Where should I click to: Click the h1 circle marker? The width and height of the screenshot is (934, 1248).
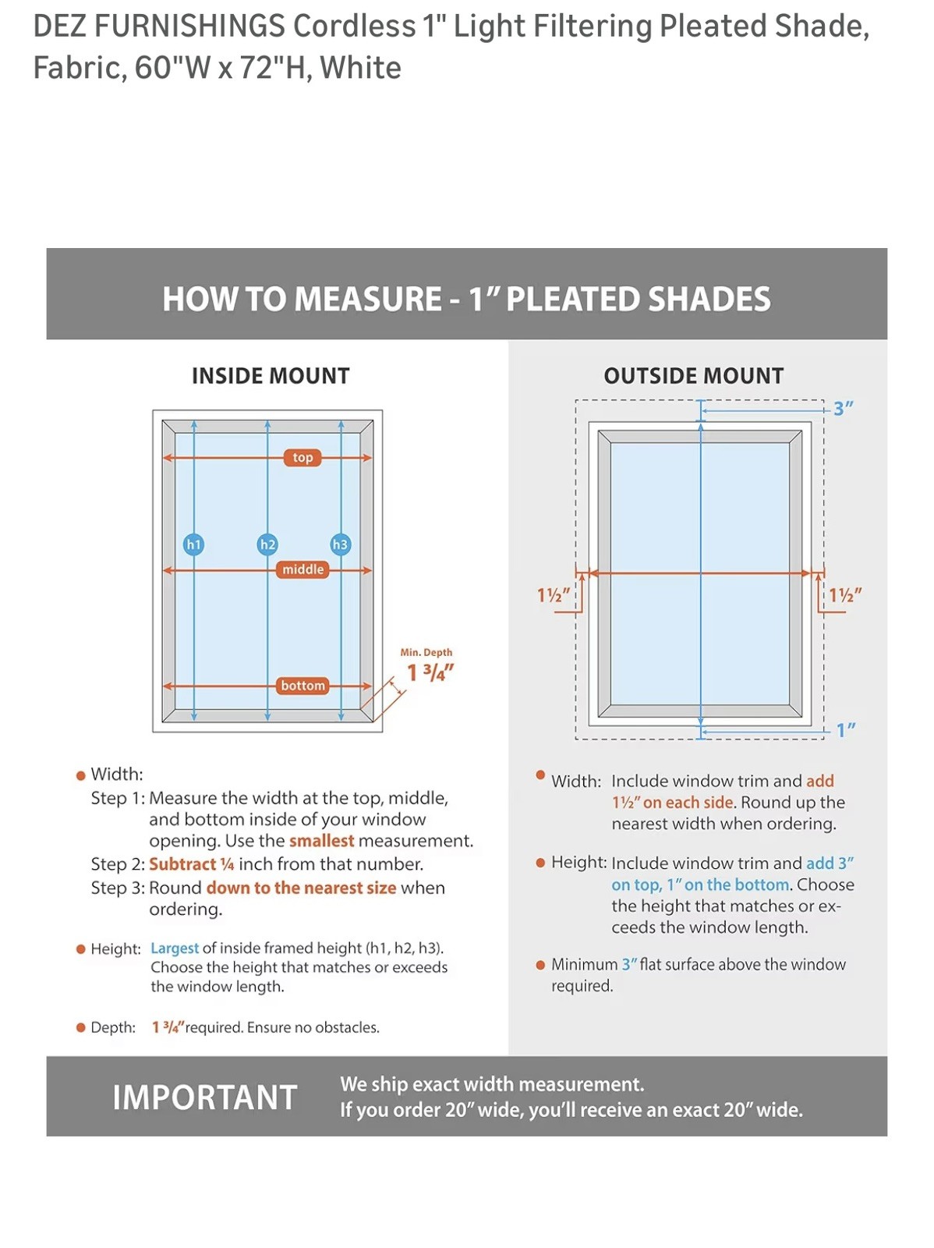point(193,544)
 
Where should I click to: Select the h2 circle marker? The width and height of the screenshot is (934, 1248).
point(267,544)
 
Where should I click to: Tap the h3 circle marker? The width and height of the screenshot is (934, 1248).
point(340,544)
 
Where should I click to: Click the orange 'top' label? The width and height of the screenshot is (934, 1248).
point(302,457)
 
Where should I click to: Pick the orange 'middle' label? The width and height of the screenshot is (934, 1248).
point(302,569)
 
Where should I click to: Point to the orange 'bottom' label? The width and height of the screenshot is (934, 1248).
point(302,685)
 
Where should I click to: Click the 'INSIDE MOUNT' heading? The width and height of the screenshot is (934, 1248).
point(271,376)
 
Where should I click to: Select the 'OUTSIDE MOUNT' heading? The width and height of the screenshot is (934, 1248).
point(694,376)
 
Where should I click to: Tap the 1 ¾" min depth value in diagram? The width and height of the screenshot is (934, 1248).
point(430,672)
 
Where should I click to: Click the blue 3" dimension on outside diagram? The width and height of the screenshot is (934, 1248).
point(844,408)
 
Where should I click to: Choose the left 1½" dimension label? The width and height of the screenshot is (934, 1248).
point(554,594)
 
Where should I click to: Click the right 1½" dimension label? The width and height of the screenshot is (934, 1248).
point(845,594)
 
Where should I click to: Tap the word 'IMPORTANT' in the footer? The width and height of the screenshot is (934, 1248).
point(204,1097)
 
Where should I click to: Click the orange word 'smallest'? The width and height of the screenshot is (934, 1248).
point(321,840)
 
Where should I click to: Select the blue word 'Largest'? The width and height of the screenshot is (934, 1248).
point(175,948)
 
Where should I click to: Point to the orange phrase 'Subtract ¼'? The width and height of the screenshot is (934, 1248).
point(192,863)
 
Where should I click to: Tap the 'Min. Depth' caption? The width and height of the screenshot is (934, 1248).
point(426,652)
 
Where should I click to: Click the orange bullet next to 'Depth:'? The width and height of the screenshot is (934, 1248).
point(80,1026)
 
